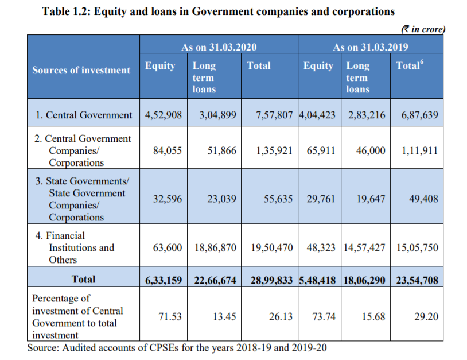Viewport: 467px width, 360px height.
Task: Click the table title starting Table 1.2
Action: [x=219, y=11]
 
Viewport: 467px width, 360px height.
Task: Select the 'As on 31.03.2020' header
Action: [x=219, y=47]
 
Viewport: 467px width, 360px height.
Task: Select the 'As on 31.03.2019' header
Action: [x=371, y=47]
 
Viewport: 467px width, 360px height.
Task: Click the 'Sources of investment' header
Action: [x=81, y=70]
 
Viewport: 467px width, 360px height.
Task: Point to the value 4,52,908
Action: [x=164, y=115]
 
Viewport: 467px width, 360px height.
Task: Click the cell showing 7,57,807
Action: [x=275, y=115]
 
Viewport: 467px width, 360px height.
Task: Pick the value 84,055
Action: [x=168, y=150]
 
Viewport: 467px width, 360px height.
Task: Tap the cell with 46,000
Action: [x=370, y=150]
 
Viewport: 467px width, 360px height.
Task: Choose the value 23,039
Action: [x=221, y=199]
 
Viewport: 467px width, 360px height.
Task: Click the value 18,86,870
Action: [x=215, y=247]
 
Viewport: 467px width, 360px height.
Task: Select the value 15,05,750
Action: [x=417, y=247]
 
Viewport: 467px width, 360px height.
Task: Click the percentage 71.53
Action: [x=170, y=316]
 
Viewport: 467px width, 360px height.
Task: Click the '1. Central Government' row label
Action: [x=83, y=115]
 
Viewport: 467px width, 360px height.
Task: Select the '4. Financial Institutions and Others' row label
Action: [x=77, y=247]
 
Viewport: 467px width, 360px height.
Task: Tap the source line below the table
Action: [x=178, y=348]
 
